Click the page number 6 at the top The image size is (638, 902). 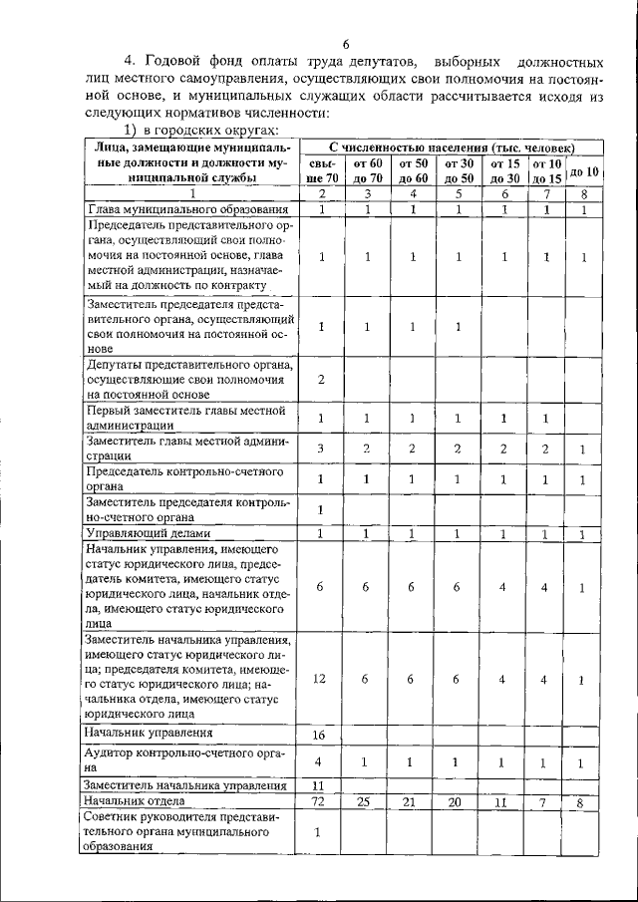(x=346, y=44)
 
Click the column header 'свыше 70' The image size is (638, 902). (x=321, y=170)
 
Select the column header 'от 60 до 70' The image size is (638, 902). (x=367, y=170)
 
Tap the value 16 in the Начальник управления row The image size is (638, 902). (x=321, y=735)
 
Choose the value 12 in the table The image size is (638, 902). (x=321, y=679)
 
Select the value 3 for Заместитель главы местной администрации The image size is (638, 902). (x=321, y=449)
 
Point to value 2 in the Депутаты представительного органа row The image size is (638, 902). (x=321, y=380)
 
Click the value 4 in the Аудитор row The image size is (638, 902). (x=321, y=761)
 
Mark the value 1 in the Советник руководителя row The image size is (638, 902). (x=321, y=831)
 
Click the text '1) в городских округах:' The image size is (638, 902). (x=199, y=131)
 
